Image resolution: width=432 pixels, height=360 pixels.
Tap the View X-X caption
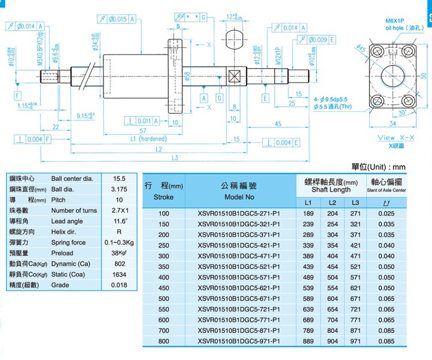[390, 138]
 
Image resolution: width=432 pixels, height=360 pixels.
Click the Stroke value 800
[163, 341]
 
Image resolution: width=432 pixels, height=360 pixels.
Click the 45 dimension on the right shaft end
[278, 124]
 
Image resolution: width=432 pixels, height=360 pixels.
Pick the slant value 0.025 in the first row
[386, 213]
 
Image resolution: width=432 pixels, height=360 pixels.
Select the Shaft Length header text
[331, 190]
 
